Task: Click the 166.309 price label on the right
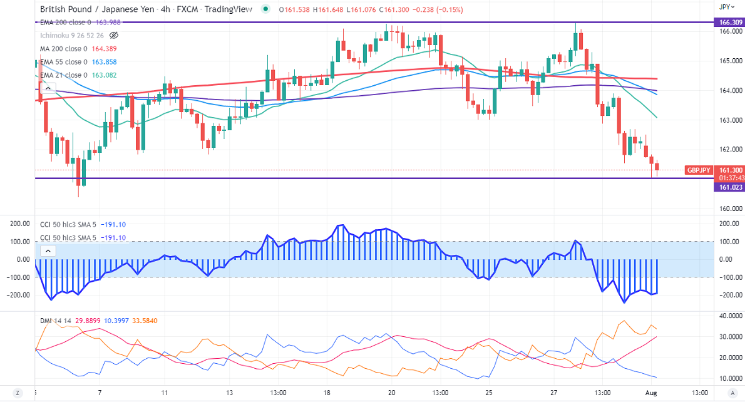pos(729,22)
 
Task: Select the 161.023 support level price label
pos(729,187)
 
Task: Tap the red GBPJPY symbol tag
pos(699,170)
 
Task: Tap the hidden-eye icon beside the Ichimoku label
pos(113,35)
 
